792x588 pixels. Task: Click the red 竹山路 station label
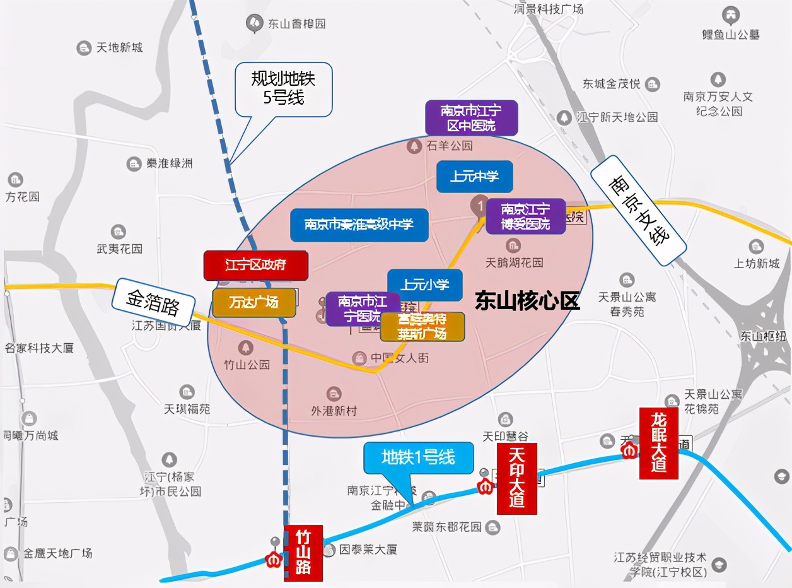coord(303,553)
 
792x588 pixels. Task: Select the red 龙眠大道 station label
coord(658,444)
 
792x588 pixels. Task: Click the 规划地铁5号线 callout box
coord(283,89)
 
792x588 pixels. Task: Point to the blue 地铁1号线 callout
coord(418,457)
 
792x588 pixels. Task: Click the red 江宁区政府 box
coord(255,265)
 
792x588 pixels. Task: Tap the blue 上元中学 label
coord(474,177)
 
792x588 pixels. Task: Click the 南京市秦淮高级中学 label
coord(359,225)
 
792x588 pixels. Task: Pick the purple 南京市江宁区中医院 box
coord(471,118)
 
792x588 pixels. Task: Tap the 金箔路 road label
coord(153,303)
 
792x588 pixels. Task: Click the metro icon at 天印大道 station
coord(485,487)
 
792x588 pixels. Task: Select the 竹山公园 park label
coord(247,365)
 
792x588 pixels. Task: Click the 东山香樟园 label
coord(296,24)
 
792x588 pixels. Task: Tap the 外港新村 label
coord(334,411)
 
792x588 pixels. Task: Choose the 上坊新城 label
coord(756,264)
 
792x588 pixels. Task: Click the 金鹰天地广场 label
coord(57,553)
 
